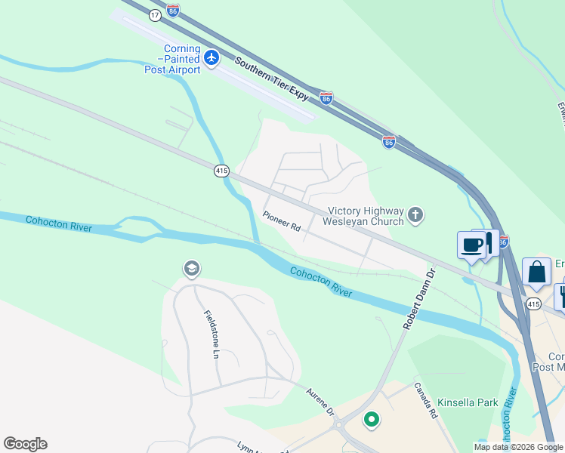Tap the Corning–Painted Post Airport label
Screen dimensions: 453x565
(x=172, y=59)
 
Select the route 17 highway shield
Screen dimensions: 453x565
(x=155, y=15)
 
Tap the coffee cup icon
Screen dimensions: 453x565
(x=472, y=245)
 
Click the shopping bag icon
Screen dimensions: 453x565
(x=536, y=272)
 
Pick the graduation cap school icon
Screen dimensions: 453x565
(x=191, y=269)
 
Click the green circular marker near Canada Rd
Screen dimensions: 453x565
(x=371, y=419)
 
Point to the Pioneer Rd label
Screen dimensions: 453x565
(x=282, y=221)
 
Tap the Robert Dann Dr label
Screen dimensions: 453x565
(x=419, y=297)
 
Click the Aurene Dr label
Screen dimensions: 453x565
(x=320, y=401)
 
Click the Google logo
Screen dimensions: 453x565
(x=25, y=444)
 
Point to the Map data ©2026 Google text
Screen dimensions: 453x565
(x=518, y=447)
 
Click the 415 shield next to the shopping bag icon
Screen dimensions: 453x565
(x=533, y=304)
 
